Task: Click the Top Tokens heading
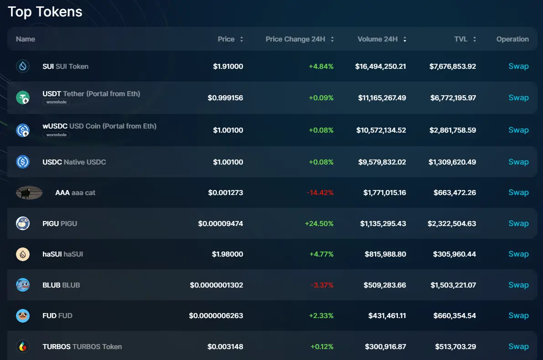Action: point(45,12)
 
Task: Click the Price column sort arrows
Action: point(242,39)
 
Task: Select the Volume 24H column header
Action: point(378,39)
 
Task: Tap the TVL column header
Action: point(461,39)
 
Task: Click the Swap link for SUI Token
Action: point(518,66)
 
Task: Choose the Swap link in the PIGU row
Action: point(518,223)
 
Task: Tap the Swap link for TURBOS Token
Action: point(518,346)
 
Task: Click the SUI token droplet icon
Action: point(23,67)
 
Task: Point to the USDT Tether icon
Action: point(23,97)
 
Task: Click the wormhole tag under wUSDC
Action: point(57,135)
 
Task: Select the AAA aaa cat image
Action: point(29,193)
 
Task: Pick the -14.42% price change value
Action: point(320,193)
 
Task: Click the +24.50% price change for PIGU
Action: point(319,224)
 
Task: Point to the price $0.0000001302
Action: point(217,285)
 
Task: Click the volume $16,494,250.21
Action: point(381,67)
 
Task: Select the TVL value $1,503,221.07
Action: point(453,285)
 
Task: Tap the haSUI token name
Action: point(63,254)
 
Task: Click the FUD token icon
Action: point(23,315)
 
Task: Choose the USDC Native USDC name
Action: point(74,162)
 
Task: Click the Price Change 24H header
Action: point(295,39)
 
